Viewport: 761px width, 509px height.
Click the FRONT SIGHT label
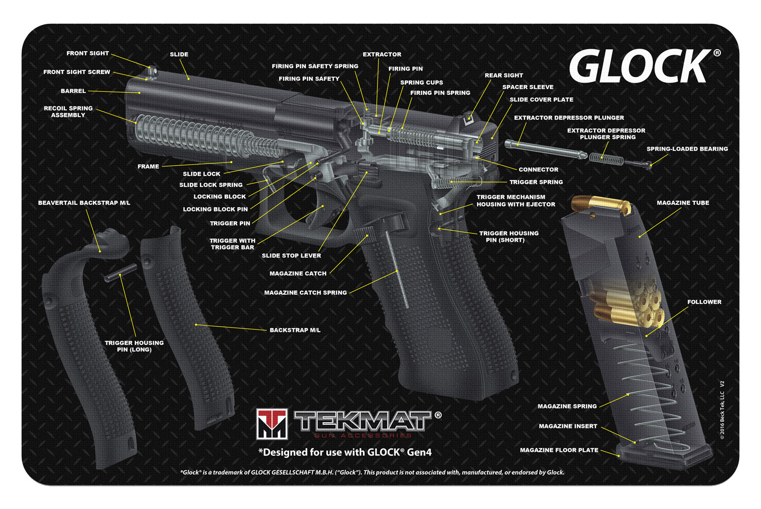[x=88, y=53]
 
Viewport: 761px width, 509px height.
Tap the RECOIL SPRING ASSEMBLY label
[x=68, y=112]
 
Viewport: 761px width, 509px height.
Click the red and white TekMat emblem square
[x=272, y=424]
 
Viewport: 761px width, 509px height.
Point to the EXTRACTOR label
[x=382, y=54]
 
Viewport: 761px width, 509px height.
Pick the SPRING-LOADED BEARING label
[x=687, y=149]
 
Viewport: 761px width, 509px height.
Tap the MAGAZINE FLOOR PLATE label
[x=559, y=450]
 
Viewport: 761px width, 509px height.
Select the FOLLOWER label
[x=704, y=302]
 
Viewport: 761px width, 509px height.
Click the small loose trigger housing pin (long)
[x=120, y=275]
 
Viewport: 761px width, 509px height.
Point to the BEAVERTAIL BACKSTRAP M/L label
[x=84, y=203]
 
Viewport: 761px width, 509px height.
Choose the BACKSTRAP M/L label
[x=295, y=330]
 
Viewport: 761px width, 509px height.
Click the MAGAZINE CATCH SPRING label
[x=305, y=293]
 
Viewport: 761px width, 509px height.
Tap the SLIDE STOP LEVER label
[x=291, y=256]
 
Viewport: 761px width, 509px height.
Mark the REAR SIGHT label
[x=504, y=76]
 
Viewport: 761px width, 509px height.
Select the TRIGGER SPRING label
[x=536, y=182]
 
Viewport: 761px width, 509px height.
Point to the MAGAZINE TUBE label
[x=683, y=203]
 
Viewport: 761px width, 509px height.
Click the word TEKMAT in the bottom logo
[x=362, y=421]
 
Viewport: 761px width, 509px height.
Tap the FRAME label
[x=148, y=166]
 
